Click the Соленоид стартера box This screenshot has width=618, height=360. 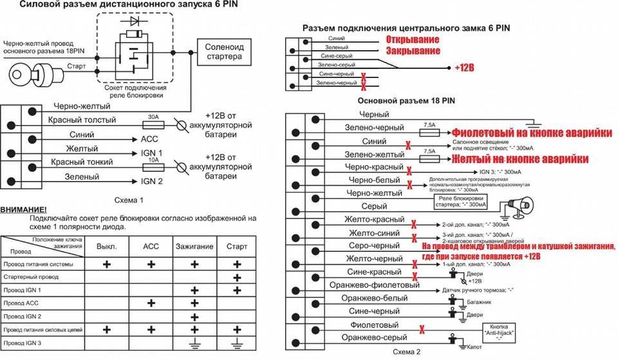click(x=223, y=51)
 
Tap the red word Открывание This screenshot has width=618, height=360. click(x=412, y=39)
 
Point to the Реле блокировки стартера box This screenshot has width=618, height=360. click(x=462, y=202)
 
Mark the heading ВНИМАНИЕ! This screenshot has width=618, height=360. click(x=24, y=210)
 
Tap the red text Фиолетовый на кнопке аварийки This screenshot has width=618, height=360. click(x=531, y=132)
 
